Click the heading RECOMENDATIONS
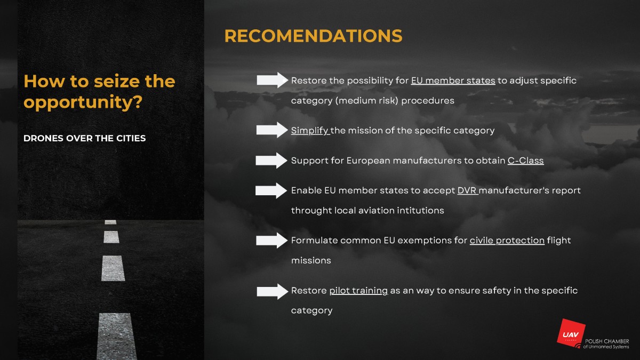point(314,36)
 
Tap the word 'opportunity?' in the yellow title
point(83,102)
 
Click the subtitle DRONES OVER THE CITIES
point(85,138)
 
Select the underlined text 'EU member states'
point(453,81)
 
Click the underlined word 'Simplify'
point(310,131)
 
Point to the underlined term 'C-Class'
point(525,161)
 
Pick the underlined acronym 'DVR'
point(467,190)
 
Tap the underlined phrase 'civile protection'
point(507,241)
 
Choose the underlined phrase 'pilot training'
point(358,291)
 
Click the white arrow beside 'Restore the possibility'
point(273,80)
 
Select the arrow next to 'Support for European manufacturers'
point(271,161)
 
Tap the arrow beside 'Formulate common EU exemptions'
point(271,241)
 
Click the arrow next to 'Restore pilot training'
point(273,291)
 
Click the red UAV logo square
point(571,333)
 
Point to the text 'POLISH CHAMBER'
point(607,341)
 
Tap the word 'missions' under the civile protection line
point(311,261)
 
